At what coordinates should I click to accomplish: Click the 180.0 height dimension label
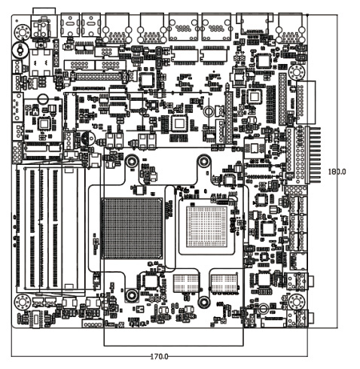click(337, 172)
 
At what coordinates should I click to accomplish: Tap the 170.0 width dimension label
click(159, 356)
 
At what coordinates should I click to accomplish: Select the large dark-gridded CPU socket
click(132, 228)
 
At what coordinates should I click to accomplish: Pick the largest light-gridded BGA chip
click(206, 227)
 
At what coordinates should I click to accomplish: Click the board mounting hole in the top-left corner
click(23, 32)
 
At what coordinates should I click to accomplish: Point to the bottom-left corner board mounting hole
click(23, 301)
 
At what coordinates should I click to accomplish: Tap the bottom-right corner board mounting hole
click(297, 301)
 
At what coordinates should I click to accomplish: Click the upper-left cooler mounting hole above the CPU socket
click(131, 162)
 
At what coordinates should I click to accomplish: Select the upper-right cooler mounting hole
click(204, 162)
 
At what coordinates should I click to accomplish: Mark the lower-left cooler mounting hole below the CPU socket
click(131, 295)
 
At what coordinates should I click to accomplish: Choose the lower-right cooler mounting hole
click(204, 301)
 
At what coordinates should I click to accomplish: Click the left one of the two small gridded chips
click(187, 283)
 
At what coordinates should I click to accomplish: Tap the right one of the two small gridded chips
click(224, 283)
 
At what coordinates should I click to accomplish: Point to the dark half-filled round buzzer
click(87, 139)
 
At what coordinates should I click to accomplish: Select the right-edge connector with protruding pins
click(313, 155)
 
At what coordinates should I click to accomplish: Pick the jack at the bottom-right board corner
click(301, 319)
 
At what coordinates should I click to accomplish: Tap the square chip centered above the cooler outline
click(178, 124)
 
